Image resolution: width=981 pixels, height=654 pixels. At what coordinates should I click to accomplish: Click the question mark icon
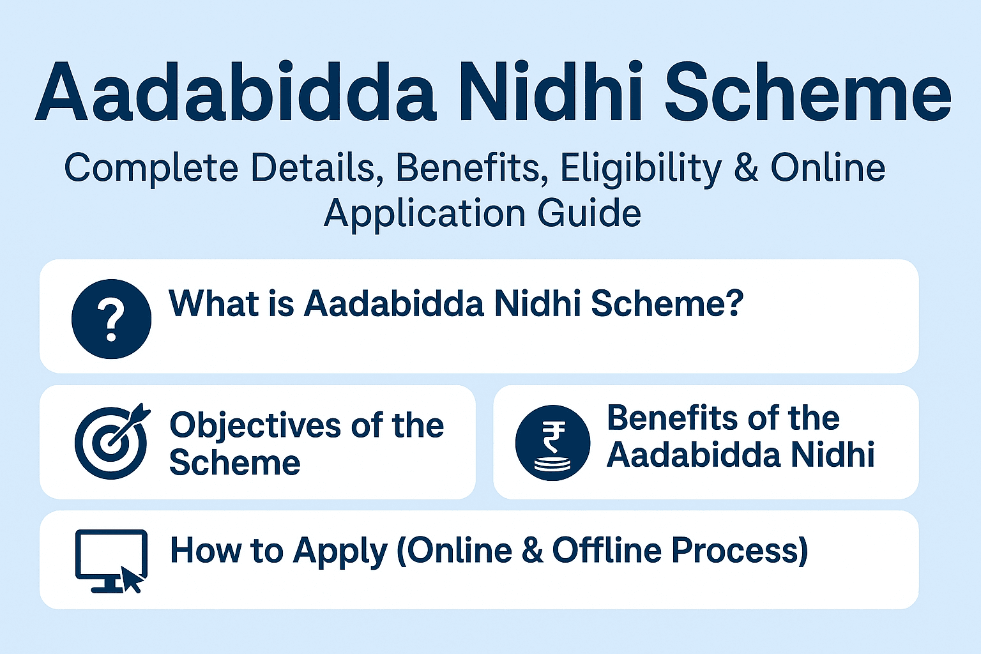(x=111, y=318)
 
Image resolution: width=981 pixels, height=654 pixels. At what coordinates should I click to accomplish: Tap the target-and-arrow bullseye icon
(x=112, y=442)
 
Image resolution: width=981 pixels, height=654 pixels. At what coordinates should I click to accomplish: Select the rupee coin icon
(x=552, y=443)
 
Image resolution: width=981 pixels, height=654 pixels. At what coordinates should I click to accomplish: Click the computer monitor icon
(x=110, y=557)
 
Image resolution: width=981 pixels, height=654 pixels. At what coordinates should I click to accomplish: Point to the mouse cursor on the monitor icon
(x=132, y=580)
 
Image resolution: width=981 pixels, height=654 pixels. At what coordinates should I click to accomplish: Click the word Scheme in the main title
(x=808, y=93)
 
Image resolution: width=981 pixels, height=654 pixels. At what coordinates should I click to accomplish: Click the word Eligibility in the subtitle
(x=641, y=169)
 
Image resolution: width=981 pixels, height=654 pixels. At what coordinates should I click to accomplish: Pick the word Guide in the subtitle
(x=589, y=213)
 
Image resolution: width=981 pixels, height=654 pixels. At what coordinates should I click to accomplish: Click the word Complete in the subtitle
(x=151, y=169)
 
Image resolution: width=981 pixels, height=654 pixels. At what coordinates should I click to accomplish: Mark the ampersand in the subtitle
(x=746, y=169)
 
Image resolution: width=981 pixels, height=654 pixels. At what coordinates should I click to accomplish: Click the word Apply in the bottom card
(x=340, y=551)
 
